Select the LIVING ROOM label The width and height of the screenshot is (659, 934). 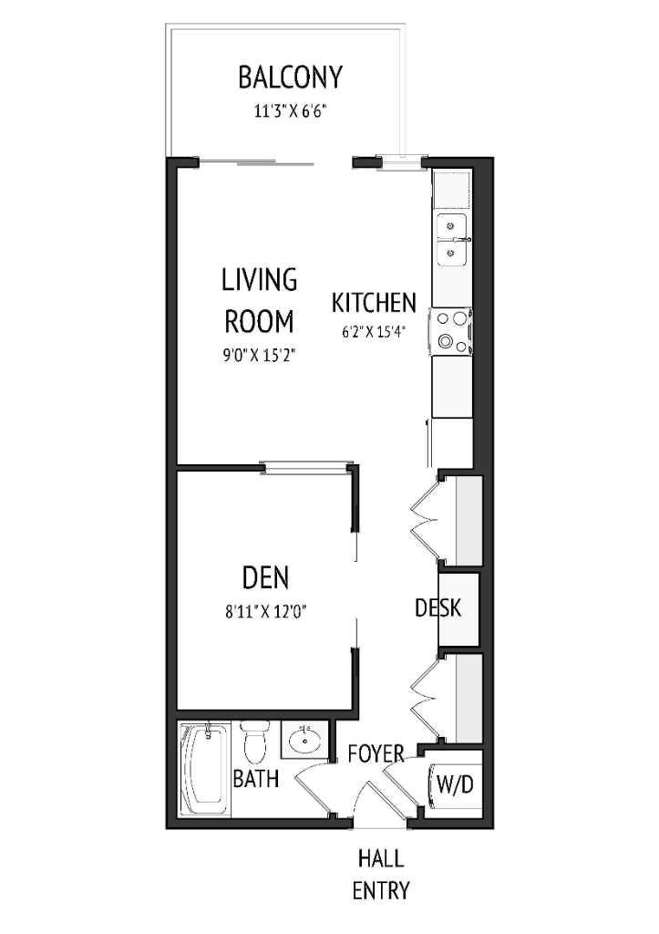(x=260, y=300)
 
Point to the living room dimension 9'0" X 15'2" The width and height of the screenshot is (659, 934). (x=260, y=353)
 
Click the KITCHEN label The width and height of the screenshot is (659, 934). (x=374, y=303)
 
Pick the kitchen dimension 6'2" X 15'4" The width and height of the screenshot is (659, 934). (x=374, y=332)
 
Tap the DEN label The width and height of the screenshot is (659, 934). (x=265, y=577)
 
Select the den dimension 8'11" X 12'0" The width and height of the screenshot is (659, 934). (x=265, y=612)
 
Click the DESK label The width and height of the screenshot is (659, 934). (x=438, y=607)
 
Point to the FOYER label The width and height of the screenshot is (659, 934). (x=376, y=753)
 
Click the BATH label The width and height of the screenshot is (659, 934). (x=255, y=779)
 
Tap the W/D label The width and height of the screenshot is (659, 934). (x=455, y=784)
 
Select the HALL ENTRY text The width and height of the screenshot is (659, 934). (x=381, y=874)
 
